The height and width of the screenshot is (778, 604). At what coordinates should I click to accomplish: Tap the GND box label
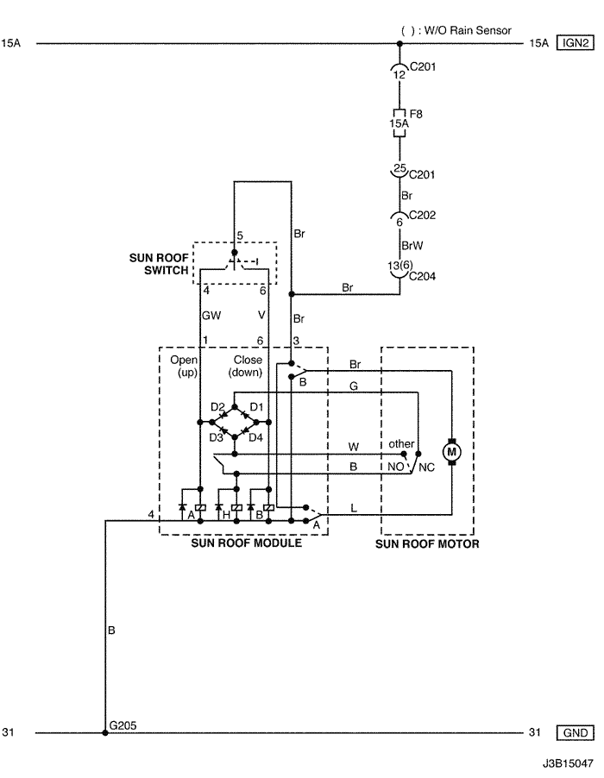(576, 733)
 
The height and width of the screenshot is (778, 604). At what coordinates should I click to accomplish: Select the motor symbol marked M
(450, 450)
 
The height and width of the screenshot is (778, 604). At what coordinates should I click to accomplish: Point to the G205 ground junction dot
(105, 733)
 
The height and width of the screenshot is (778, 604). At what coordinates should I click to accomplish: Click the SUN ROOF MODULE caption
(246, 544)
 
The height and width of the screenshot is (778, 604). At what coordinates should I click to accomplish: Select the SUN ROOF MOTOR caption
(427, 544)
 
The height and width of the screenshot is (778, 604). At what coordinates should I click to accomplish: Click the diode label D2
(217, 406)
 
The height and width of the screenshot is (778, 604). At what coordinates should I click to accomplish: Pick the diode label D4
(256, 437)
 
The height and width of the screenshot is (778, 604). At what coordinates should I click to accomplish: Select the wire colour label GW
(211, 317)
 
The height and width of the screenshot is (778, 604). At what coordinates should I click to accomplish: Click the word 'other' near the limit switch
(401, 443)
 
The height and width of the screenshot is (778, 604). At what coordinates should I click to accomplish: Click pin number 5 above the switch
(240, 235)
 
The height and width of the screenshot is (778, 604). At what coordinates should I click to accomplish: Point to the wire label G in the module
(353, 386)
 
